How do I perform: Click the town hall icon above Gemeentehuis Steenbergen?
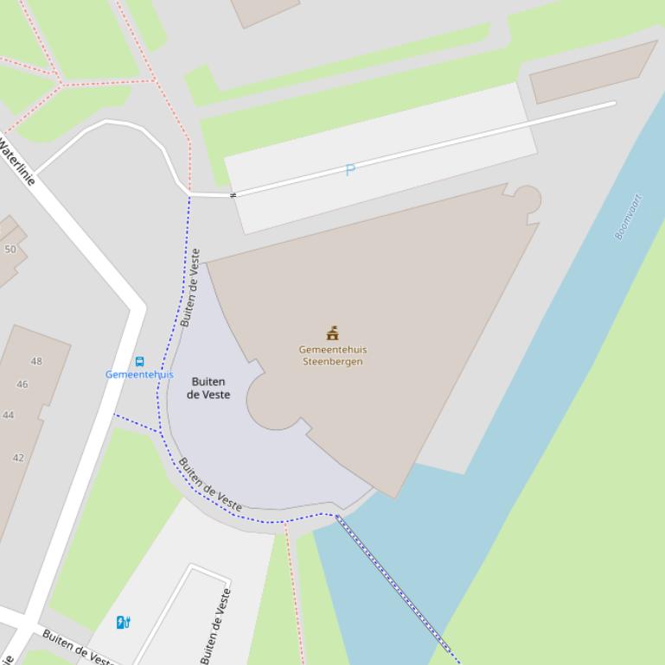tap(332, 333)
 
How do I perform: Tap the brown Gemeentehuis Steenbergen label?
tap(333, 356)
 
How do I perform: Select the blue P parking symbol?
tap(349, 170)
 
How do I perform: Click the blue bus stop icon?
tap(139, 362)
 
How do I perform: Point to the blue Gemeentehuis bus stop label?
tap(139, 375)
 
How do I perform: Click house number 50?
tap(10, 250)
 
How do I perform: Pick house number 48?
tap(36, 361)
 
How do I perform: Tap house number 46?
tap(22, 384)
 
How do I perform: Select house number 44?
tap(9, 415)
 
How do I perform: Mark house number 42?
tap(18, 458)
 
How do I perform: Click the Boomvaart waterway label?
tap(630, 217)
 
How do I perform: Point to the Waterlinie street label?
tap(17, 163)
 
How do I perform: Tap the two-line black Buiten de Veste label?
tap(208, 388)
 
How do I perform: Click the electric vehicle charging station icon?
tap(124, 622)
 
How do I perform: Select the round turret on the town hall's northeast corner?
tap(524, 200)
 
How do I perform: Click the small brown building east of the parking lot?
tap(593, 72)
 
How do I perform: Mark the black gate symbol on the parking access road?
tap(232, 195)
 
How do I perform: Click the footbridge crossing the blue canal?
tap(397, 588)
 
